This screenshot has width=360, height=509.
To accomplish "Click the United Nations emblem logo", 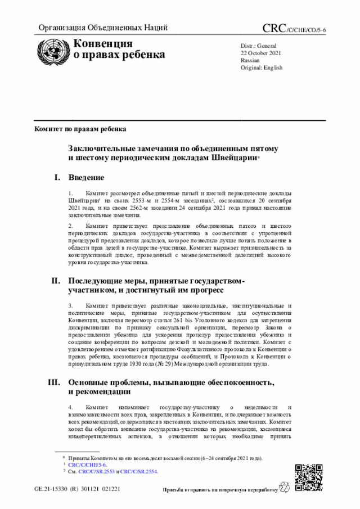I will point(54,50).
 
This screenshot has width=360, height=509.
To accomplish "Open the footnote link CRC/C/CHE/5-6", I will point(87,465).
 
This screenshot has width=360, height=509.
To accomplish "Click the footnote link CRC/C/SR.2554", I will point(139,472).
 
